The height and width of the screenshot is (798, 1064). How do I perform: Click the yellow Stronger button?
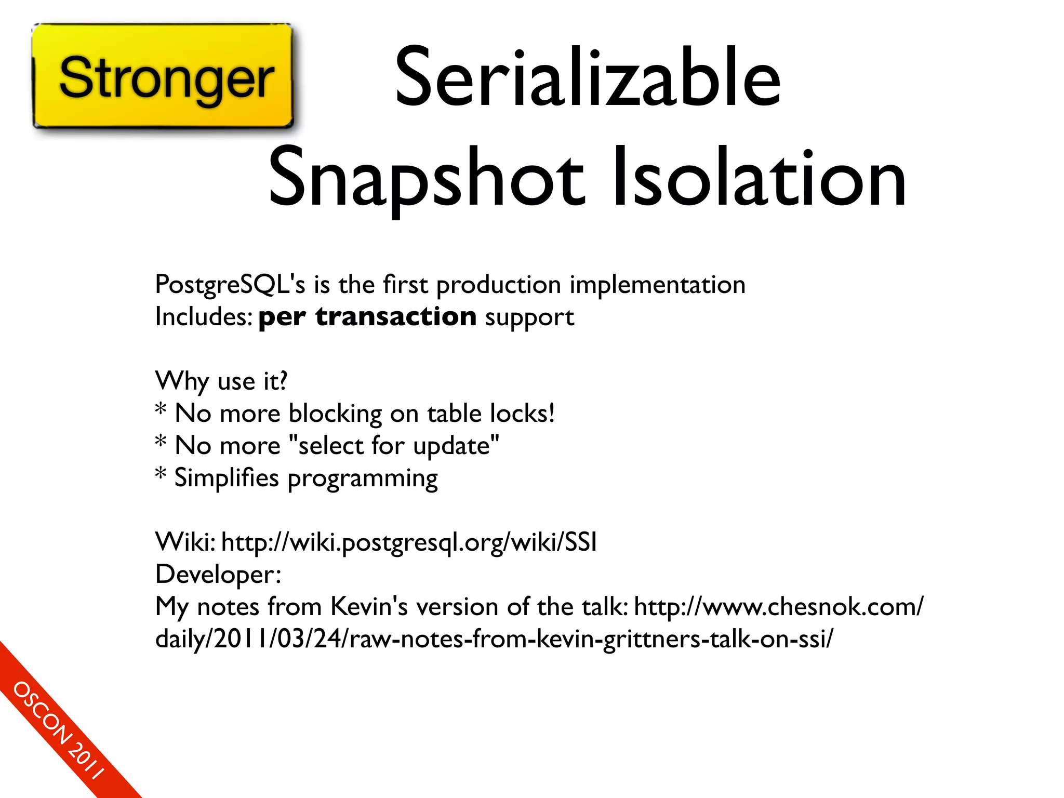pyautogui.click(x=163, y=76)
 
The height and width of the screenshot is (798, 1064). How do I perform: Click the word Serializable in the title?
pyautogui.click(x=587, y=78)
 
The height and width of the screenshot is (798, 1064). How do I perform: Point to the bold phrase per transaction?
pyautogui.click(x=367, y=316)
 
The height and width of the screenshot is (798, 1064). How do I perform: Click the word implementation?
pyautogui.click(x=657, y=285)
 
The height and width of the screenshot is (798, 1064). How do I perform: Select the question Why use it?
pyautogui.click(x=221, y=381)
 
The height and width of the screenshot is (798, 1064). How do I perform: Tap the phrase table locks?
pyautogui.click(x=491, y=414)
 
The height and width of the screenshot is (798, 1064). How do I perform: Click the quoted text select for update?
pyautogui.click(x=393, y=446)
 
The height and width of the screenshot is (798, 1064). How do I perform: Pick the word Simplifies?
pyautogui.click(x=227, y=478)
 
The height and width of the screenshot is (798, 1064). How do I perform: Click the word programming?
pyautogui.click(x=363, y=479)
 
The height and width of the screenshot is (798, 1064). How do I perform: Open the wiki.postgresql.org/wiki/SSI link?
pyautogui.click(x=409, y=542)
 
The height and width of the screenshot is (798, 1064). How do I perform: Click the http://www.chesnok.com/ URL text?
pyautogui.click(x=778, y=607)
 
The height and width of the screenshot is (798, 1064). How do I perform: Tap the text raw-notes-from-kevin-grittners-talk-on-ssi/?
pyautogui.click(x=591, y=639)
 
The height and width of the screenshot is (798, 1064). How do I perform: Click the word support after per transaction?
pyautogui.click(x=529, y=317)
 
